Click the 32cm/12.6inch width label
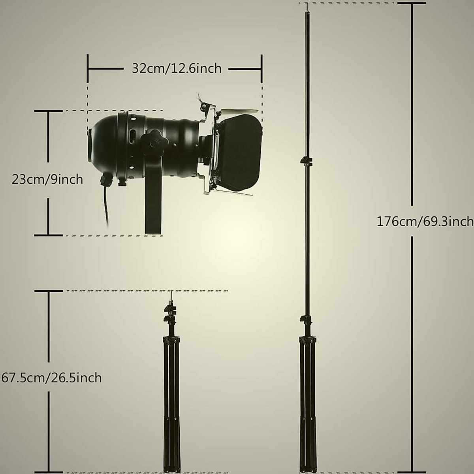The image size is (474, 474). [177, 69]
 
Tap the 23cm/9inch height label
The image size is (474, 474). [47, 180]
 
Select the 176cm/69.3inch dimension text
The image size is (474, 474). [425, 221]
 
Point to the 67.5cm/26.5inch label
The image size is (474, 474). [51, 378]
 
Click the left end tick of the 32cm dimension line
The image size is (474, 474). [88, 69]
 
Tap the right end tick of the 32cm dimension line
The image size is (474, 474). [261, 69]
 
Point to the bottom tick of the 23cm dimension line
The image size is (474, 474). [49, 235]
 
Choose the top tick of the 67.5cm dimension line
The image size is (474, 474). [49, 291]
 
